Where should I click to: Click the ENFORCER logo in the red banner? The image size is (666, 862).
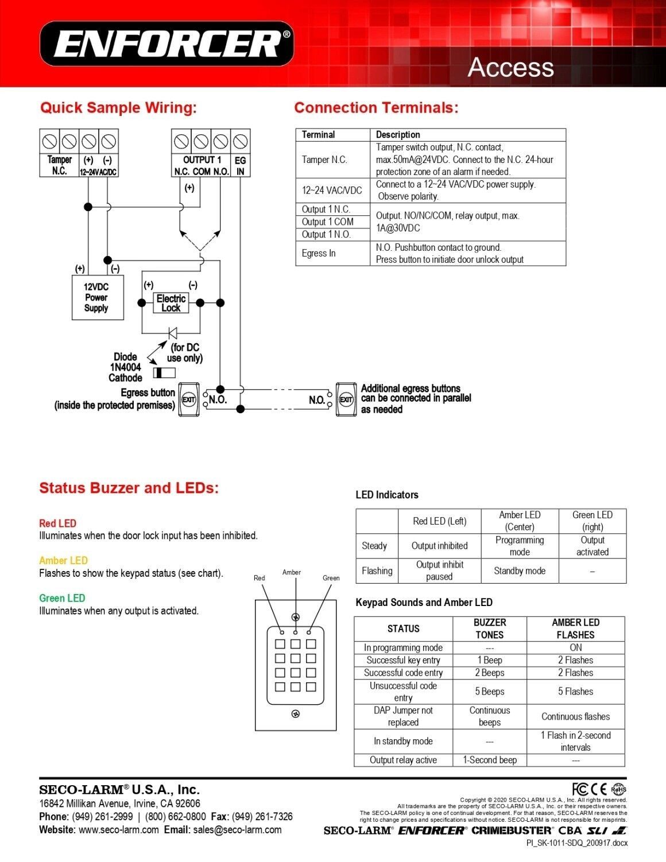(x=166, y=44)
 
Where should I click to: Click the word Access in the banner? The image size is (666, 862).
(x=510, y=67)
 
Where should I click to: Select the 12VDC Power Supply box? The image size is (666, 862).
(x=98, y=297)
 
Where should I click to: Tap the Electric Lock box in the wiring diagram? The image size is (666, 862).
(x=171, y=303)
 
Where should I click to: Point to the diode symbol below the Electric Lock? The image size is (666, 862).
(x=173, y=333)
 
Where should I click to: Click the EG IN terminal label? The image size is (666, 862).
(x=240, y=166)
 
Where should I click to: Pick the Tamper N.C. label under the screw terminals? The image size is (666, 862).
(x=60, y=165)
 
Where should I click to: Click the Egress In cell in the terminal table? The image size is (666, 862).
(x=319, y=253)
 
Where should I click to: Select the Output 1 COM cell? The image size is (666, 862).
(x=327, y=222)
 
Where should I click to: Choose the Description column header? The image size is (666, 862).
(x=397, y=134)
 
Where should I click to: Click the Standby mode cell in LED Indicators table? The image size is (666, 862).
(x=520, y=571)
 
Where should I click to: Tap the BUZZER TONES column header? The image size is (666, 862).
(x=490, y=628)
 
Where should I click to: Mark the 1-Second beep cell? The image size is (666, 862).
(x=490, y=760)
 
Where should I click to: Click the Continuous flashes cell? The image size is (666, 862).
(x=575, y=716)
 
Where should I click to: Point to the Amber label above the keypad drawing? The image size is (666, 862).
(x=292, y=572)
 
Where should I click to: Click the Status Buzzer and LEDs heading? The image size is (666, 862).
(x=129, y=488)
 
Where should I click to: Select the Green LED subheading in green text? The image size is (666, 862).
(x=62, y=598)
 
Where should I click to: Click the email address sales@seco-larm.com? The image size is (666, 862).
(x=237, y=829)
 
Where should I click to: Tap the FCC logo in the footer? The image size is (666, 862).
(x=580, y=789)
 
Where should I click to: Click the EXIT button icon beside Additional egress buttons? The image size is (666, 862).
(x=346, y=399)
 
